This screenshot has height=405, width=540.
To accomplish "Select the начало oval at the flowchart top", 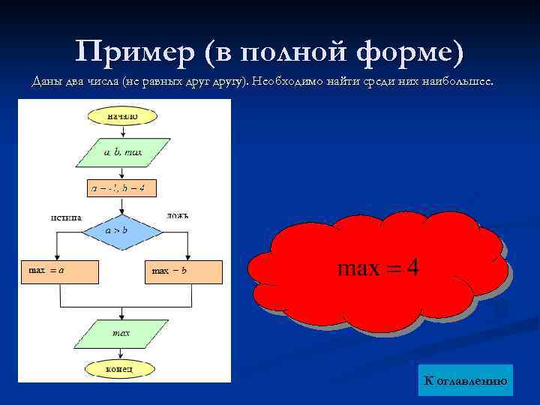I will click(x=122, y=115).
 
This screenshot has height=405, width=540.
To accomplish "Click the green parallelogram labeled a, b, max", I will click(x=122, y=151).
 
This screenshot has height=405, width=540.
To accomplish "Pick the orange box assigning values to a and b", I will click(x=122, y=187).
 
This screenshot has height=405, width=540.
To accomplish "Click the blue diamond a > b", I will click(x=121, y=232).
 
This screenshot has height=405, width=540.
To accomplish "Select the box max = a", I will click(x=60, y=271).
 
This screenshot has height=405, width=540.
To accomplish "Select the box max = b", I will click(x=184, y=271).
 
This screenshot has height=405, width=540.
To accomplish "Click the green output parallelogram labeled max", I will click(x=121, y=332).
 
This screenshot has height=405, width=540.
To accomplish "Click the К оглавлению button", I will click(x=466, y=381).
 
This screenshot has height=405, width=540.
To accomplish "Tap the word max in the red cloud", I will click(x=358, y=268).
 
